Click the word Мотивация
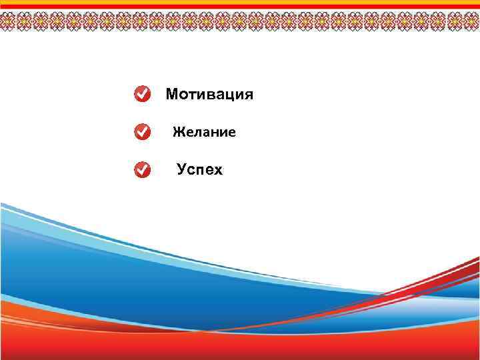coord(209,95)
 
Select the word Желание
coord(204,133)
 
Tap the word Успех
coord(200,170)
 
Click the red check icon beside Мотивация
coord(142,95)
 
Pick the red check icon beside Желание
coord(142,132)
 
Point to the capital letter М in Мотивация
coord(172,95)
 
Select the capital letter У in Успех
coord(182,170)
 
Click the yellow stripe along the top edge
coord(240,2)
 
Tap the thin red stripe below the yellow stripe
coord(240,7)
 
